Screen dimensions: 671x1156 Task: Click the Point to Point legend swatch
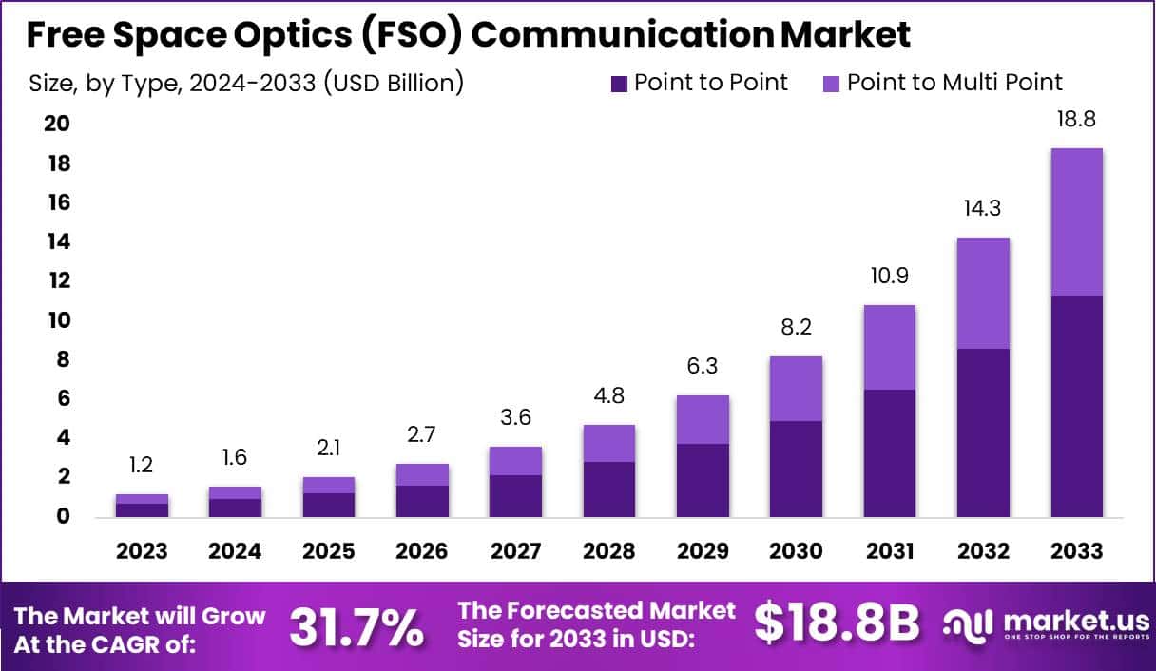point(619,84)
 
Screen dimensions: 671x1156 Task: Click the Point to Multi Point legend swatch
point(832,84)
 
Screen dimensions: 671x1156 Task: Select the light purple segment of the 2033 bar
point(1076,221)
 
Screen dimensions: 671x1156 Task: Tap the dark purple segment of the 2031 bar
point(889,452)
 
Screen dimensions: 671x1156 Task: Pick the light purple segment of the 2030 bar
point(796,389)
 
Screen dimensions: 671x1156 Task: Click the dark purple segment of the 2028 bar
point(608,489)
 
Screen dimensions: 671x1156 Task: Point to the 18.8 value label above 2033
point(1076,120)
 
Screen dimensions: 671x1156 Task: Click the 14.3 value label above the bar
point(983,208)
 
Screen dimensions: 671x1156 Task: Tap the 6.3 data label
point(703,366)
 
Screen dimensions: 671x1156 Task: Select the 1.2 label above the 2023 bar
point(142,465)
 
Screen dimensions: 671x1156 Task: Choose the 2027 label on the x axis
point(515,551)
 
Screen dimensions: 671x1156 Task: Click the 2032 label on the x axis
point(983,551)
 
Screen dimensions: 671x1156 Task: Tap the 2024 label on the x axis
point(235,551)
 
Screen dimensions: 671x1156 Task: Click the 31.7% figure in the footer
point(356,626)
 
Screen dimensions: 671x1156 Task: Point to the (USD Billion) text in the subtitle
point(394,83)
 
